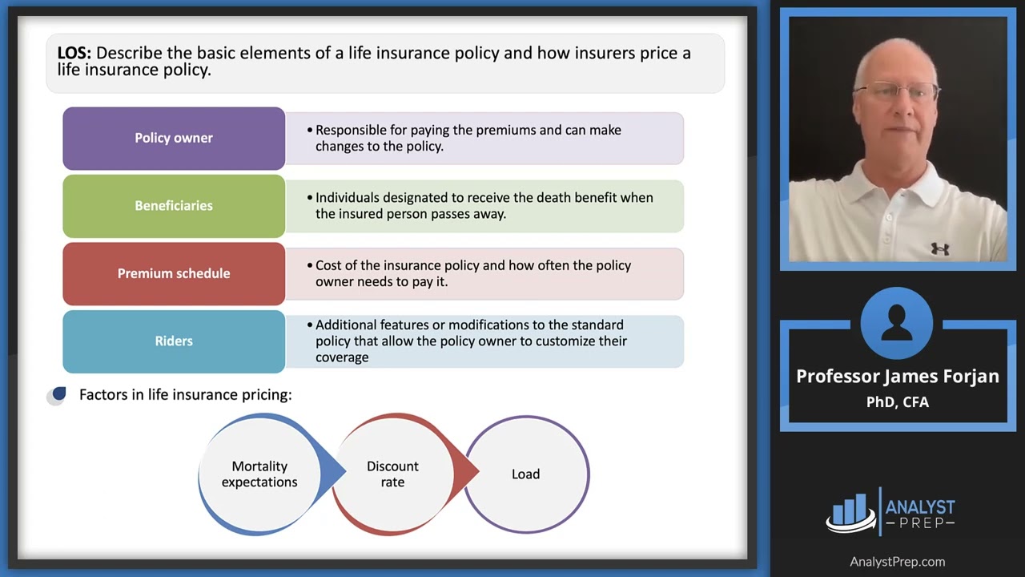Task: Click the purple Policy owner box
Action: (x=174, y=138)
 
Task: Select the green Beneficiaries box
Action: (x=174, y=206)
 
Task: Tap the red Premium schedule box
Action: (x=174, y=273)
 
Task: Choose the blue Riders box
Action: (x=174, y=341)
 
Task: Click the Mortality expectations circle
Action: (x=259, y=474)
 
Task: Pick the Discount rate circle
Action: (x=392, y=474)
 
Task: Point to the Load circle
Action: (x=526, y=474)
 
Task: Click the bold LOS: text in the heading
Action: (x=74, y=54)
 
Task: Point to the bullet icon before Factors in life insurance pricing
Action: (x=57, y=395)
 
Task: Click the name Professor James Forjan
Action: (x=898, y=377)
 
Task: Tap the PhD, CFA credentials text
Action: (x=898, y=402)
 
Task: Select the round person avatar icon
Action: (x=897, y=322)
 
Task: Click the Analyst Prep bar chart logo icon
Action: (x=850, y=512)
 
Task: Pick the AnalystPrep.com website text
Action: (x=898, y=562)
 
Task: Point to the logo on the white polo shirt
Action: (x=940, y=249)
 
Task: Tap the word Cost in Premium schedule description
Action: (x=329, y=265)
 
